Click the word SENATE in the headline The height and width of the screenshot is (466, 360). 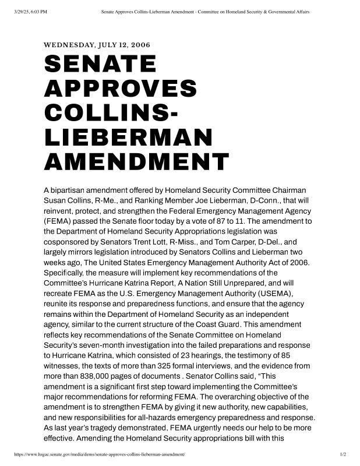100,63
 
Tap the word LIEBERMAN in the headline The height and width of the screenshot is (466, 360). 128,137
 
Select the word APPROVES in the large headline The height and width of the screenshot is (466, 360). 121,88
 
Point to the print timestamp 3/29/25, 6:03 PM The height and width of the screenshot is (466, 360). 29,12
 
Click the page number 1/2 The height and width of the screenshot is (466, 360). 343,454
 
